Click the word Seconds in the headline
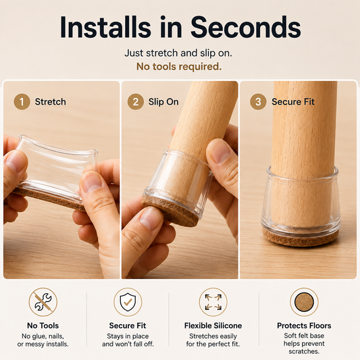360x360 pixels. coord(246,27)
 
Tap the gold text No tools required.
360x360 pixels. coord(179,67)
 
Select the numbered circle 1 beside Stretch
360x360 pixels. coord(22,102)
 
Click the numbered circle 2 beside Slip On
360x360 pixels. coord(136,102)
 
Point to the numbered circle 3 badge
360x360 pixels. coord(258,102)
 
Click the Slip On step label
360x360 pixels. coord(163,102)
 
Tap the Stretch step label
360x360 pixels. coord(50,102)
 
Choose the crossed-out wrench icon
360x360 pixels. coord(43,302)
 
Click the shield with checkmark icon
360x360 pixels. coord(128,302)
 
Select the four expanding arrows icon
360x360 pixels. coord(213,302)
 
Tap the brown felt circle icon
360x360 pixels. coord(304,302)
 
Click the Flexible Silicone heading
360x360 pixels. coord(213,326)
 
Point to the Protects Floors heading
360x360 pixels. coord(304,326)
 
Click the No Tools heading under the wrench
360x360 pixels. coord(43,326)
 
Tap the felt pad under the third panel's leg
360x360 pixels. coord(301,239)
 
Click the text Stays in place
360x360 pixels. coord(128,336)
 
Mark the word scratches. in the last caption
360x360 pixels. coord(304,351)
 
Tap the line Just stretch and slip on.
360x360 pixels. coord(178,53)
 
